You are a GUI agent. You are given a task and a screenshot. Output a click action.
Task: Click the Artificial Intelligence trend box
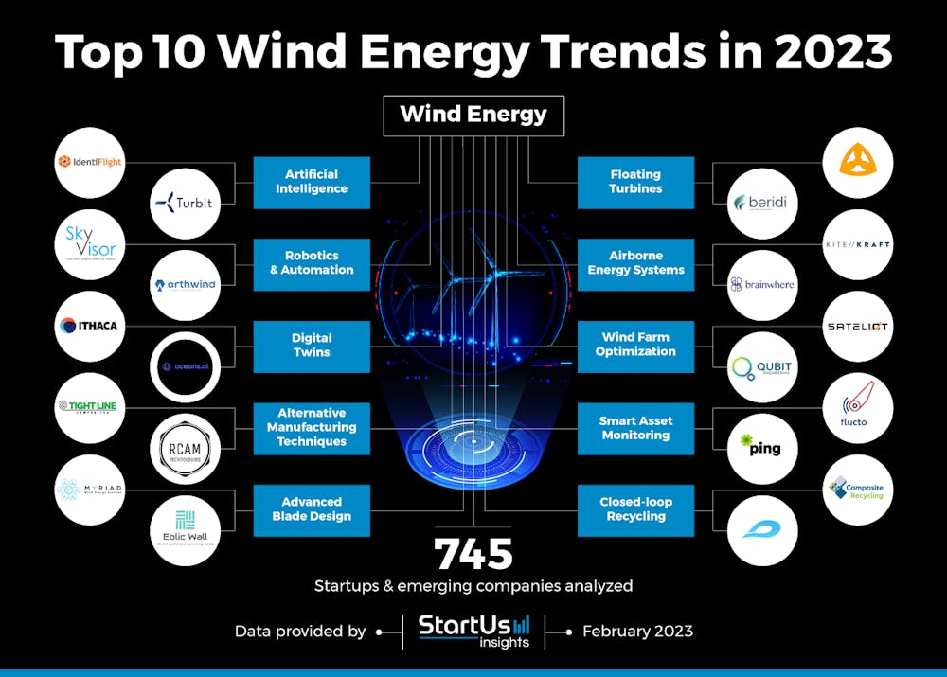[x=312, y=182]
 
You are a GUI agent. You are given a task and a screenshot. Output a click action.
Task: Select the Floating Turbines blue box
[x=635, y=182]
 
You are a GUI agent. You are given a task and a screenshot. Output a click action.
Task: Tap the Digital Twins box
[x=312, y=346]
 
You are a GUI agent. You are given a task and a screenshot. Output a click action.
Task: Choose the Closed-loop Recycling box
[x=635, y=509]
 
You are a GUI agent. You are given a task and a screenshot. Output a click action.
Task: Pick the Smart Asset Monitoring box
[x=635, y=428]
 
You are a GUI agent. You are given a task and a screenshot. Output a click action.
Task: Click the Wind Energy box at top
[x=473, y=115]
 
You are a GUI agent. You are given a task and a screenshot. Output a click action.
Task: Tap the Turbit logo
[x=185, y=203]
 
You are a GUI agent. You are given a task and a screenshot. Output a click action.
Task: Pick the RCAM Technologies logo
[x=185, y=448]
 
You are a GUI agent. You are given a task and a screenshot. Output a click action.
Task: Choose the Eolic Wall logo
[x=185, y=530]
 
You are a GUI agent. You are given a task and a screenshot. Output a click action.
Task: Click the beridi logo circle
[x=762, y=203]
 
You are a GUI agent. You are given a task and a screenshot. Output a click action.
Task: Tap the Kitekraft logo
[x=857, y=245]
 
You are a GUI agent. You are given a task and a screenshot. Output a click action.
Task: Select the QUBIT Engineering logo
[x=762, y=367]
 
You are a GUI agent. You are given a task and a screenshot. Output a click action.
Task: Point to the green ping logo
[x=762, y=448]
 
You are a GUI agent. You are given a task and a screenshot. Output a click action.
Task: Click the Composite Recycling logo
[x=857, y=490]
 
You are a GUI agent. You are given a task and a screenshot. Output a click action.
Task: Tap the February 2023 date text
[x=637, y=631]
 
